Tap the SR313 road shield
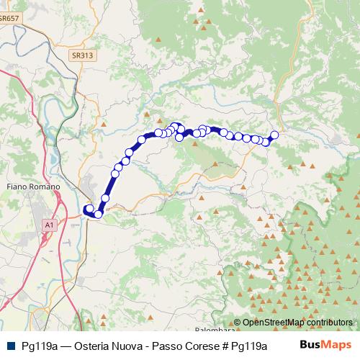82,55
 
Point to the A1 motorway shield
49,225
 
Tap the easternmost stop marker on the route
274,135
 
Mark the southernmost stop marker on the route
98,214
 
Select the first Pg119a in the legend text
40,346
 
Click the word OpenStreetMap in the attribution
274,322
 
